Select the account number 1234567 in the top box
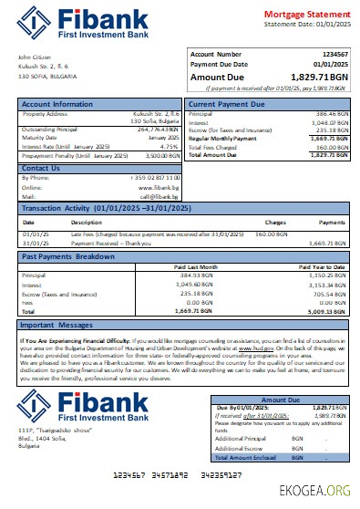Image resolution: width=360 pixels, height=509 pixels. pos(331,55)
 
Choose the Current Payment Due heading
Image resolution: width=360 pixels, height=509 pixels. pos(228,104)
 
